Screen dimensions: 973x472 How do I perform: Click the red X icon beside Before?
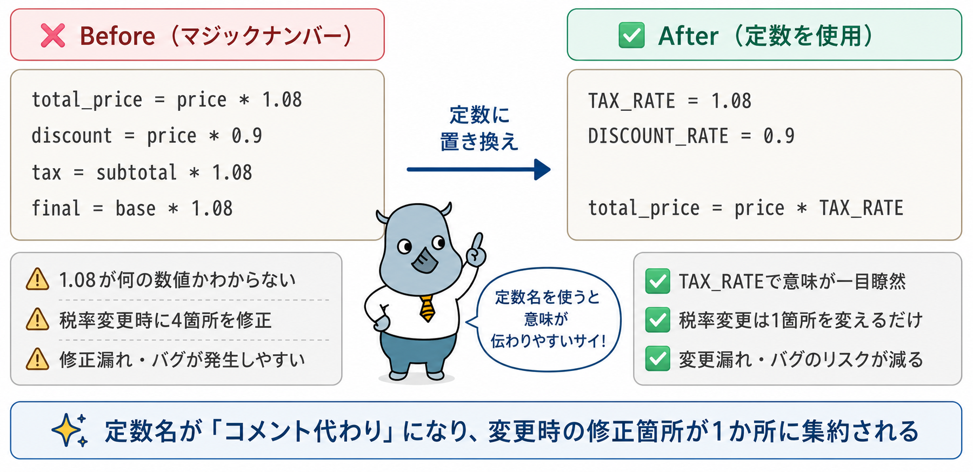(x=53, y=36)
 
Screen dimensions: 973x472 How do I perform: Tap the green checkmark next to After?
(x=631, y=36)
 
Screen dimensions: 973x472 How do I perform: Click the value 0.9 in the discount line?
(x=247, y=136)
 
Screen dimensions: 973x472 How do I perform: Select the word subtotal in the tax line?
(x=136, y=172)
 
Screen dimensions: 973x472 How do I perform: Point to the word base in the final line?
(x=135, y=208)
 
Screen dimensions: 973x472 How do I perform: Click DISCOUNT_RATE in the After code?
(x=658, y=136)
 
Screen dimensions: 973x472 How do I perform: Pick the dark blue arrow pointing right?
(x=479, y=169)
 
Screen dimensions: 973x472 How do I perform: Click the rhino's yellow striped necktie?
(x=427, y=308)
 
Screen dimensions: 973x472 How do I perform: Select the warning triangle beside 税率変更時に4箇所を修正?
(x=37, y=320)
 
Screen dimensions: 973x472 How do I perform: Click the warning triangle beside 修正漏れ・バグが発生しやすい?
(x=37, y=359)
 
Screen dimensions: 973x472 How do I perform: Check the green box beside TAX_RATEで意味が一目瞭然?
(x=658, y=281)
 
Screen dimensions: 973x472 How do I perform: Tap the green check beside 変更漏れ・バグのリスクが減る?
(x=658, y=359)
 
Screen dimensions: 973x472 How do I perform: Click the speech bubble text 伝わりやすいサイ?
(x=548, y=341)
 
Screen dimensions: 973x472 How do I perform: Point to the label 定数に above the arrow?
(x=479, y=115)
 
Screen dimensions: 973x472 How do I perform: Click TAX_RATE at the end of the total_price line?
(x=861, y=208)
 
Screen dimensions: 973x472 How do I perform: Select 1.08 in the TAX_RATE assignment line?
(x=731, y=101)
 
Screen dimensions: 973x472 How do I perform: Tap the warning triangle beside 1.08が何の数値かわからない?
(x=37, y=280)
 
